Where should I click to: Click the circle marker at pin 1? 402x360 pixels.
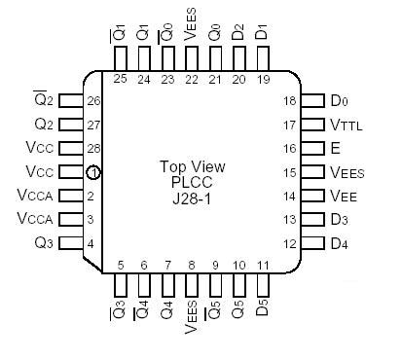coord(93,172)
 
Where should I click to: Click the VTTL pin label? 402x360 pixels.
coord(346,125)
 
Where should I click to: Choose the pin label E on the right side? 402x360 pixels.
coord(336,148)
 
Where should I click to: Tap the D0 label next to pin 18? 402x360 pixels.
coord(339,100)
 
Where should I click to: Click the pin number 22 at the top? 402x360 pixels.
coord(192,79)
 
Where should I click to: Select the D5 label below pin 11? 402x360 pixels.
coord(263,310)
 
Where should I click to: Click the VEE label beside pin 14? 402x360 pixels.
coord(343,196)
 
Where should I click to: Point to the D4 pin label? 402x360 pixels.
coord(339,242)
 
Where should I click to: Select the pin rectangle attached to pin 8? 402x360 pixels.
coord(192,286)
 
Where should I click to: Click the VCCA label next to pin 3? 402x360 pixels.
coord(35,219)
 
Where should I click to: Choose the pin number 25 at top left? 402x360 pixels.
coord(121,79)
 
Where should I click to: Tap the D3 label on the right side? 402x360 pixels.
coord(339,219)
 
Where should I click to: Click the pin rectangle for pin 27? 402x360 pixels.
coord(70,125)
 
